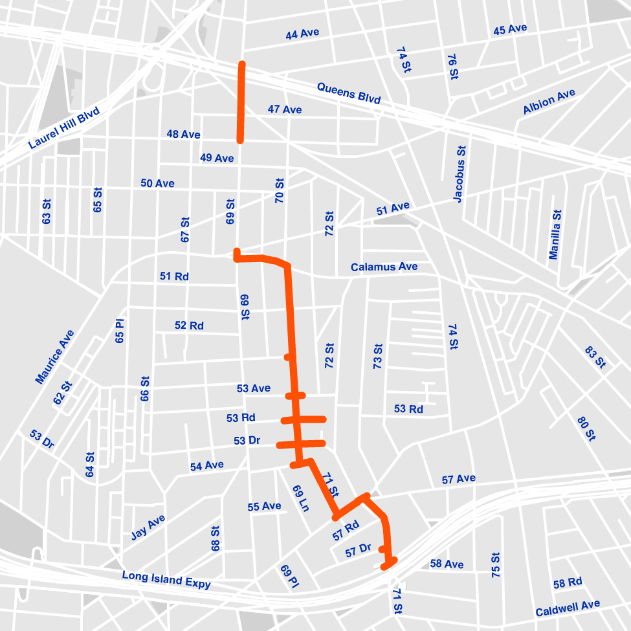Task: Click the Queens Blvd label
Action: pyautogui.click(x=348, y=93)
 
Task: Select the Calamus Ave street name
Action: pyautogui.click(x=384, y=267)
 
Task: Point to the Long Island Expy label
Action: pyautogui.click(x=166, y=579)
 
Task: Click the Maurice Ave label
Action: pyautogui.click(x=55, y=357)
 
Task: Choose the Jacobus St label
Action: pyautogui.click(x=459, y=174)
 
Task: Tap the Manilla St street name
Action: pyautogui.click(x=555, y=234)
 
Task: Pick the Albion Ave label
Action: pyautogui.click(x=549, y=102)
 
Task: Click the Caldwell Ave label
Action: pyautogui.click(x=568, y=608)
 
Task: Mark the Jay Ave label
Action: pyautogui.click(x=148, y=527)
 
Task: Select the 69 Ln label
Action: pyautogui.click(x=300, y=498)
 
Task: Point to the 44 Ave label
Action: pyautogui.click(x=302, y=34)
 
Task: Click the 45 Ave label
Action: pyautogui.click(x=510, y=30)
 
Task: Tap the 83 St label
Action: pyautogui.click(x=595, y=357)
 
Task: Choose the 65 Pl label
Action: pyautogui.click(x=119, y=331)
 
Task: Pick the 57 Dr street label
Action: pyautogui.click(x=358, y=551)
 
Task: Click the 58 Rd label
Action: pyautogui.click(x=568, y=582)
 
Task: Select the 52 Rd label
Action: pyautogui.click(x=189, y=325)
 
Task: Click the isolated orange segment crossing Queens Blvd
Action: pyautogui.click(x=241, y=102)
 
